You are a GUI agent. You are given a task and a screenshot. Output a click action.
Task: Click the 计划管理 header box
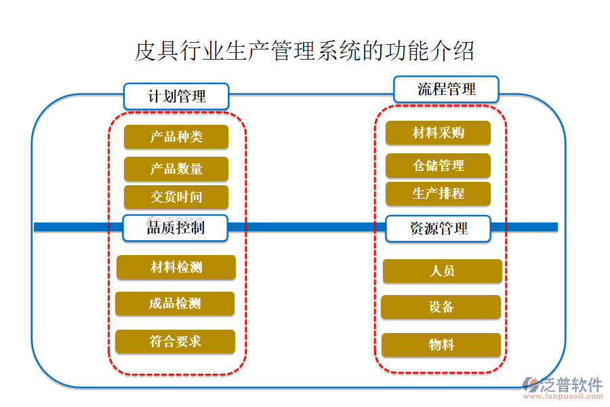click(x=176, y=96)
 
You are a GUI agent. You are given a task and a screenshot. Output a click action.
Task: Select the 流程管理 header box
click(x=446, y=89)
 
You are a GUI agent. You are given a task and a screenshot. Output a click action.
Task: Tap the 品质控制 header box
click(x=176, y=228)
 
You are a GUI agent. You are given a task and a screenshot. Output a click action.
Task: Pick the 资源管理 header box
click(x=438, y=229)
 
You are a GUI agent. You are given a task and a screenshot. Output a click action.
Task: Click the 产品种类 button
click(x=176, y=137)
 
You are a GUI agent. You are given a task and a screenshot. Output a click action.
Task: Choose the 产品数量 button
click(x=176, y=169)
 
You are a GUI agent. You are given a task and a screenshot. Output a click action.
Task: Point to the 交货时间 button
click(x=176, y=197)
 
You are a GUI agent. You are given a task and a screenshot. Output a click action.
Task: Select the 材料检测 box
click(x=176, y=267)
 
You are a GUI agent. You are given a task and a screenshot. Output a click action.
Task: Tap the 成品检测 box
click(x=175, y=303)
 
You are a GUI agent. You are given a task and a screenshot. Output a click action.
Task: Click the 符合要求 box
click(x=175, y=341)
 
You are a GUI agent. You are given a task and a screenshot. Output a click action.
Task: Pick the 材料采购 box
click(x=438, y=133)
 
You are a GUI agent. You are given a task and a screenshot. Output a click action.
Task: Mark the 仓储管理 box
click(x=438, y=166)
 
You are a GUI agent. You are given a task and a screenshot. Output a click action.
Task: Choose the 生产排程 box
click(x=438, y=193)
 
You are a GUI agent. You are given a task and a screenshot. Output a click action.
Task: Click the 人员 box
click(x=442, y=271)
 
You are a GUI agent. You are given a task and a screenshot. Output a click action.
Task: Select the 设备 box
click(x=441, y=307)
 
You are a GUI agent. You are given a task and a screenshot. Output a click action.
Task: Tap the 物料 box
click(x=441, y=345)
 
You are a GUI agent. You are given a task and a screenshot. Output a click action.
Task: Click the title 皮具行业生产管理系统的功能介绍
click(x=304, y=51)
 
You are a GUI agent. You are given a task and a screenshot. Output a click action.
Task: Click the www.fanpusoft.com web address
click(x=565, y=398)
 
